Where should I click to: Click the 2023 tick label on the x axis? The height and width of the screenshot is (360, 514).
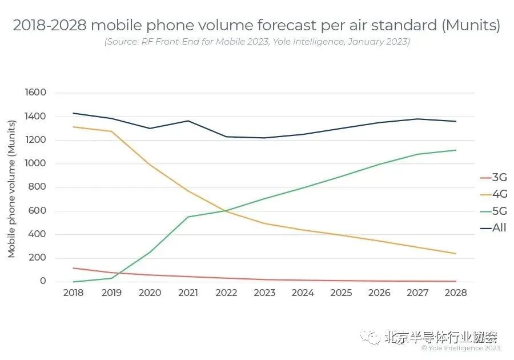coord(264,293)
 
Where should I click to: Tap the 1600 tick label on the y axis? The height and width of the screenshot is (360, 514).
coord(35,93)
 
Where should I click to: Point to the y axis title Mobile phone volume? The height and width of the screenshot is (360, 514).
coord(12,189)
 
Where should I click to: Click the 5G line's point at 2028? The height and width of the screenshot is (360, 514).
coord(456,150)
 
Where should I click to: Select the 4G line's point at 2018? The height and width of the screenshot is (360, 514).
coord(73,127)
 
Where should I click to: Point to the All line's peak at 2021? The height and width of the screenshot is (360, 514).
coord(188,121)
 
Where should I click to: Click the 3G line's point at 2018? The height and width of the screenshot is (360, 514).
coord(73,268)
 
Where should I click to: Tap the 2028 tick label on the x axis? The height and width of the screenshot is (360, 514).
coord(456,293)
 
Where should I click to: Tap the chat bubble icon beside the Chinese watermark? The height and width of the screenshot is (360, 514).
coord(374,337)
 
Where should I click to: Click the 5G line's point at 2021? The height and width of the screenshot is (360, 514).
coord(188,217)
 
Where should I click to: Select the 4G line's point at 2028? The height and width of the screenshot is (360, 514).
coord(456,254)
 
